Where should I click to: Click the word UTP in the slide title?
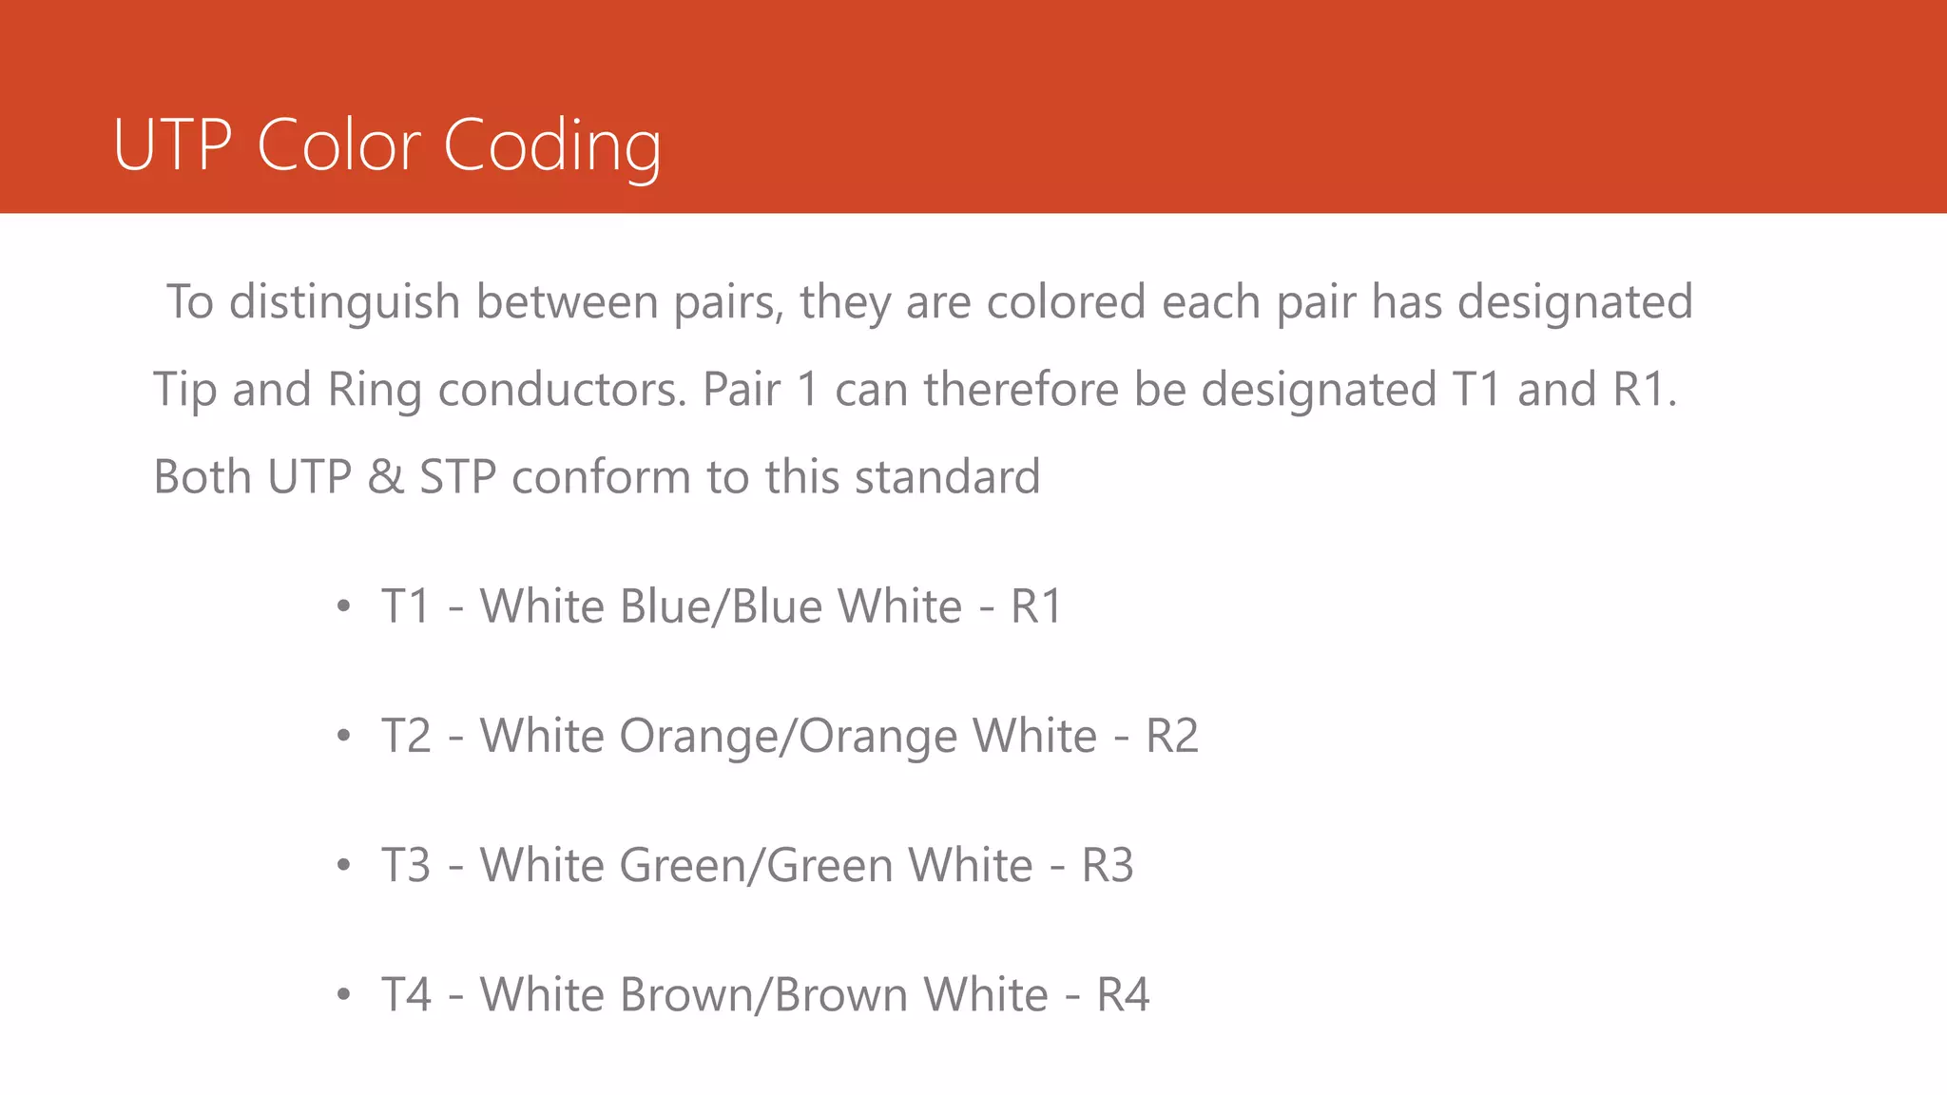172,145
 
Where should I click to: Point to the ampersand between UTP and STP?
385,477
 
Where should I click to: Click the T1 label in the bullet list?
406,606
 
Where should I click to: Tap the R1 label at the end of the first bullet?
1035,606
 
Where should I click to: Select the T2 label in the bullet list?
406,736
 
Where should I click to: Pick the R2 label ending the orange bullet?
1171,736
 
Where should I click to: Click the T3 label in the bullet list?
406,866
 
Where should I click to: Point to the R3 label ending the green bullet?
1107,866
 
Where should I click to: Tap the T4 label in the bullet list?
406,995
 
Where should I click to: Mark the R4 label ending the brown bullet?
1123,995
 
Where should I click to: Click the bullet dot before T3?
344,866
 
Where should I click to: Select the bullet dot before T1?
344,606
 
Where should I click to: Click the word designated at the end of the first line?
1574,302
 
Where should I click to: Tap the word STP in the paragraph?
457,477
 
